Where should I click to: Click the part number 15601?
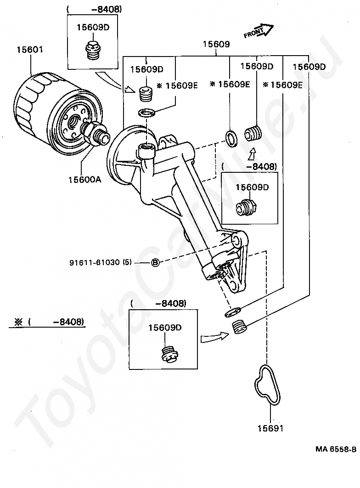(x=30, y=50)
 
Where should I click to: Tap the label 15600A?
(x=85, y=180)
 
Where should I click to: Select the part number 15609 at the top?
(x=216, y=44)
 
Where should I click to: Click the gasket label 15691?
(x=270, y=428)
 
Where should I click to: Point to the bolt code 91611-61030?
(x=95, y=262)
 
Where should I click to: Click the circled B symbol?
(x=155, y=263)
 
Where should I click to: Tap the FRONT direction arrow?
(x=259, y=31)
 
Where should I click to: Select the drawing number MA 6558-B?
(x=336, y=449)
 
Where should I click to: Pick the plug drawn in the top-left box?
(x=92, y=50)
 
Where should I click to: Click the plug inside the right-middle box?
(x=246, y=207)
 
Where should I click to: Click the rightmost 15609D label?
(x=309, y=67)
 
